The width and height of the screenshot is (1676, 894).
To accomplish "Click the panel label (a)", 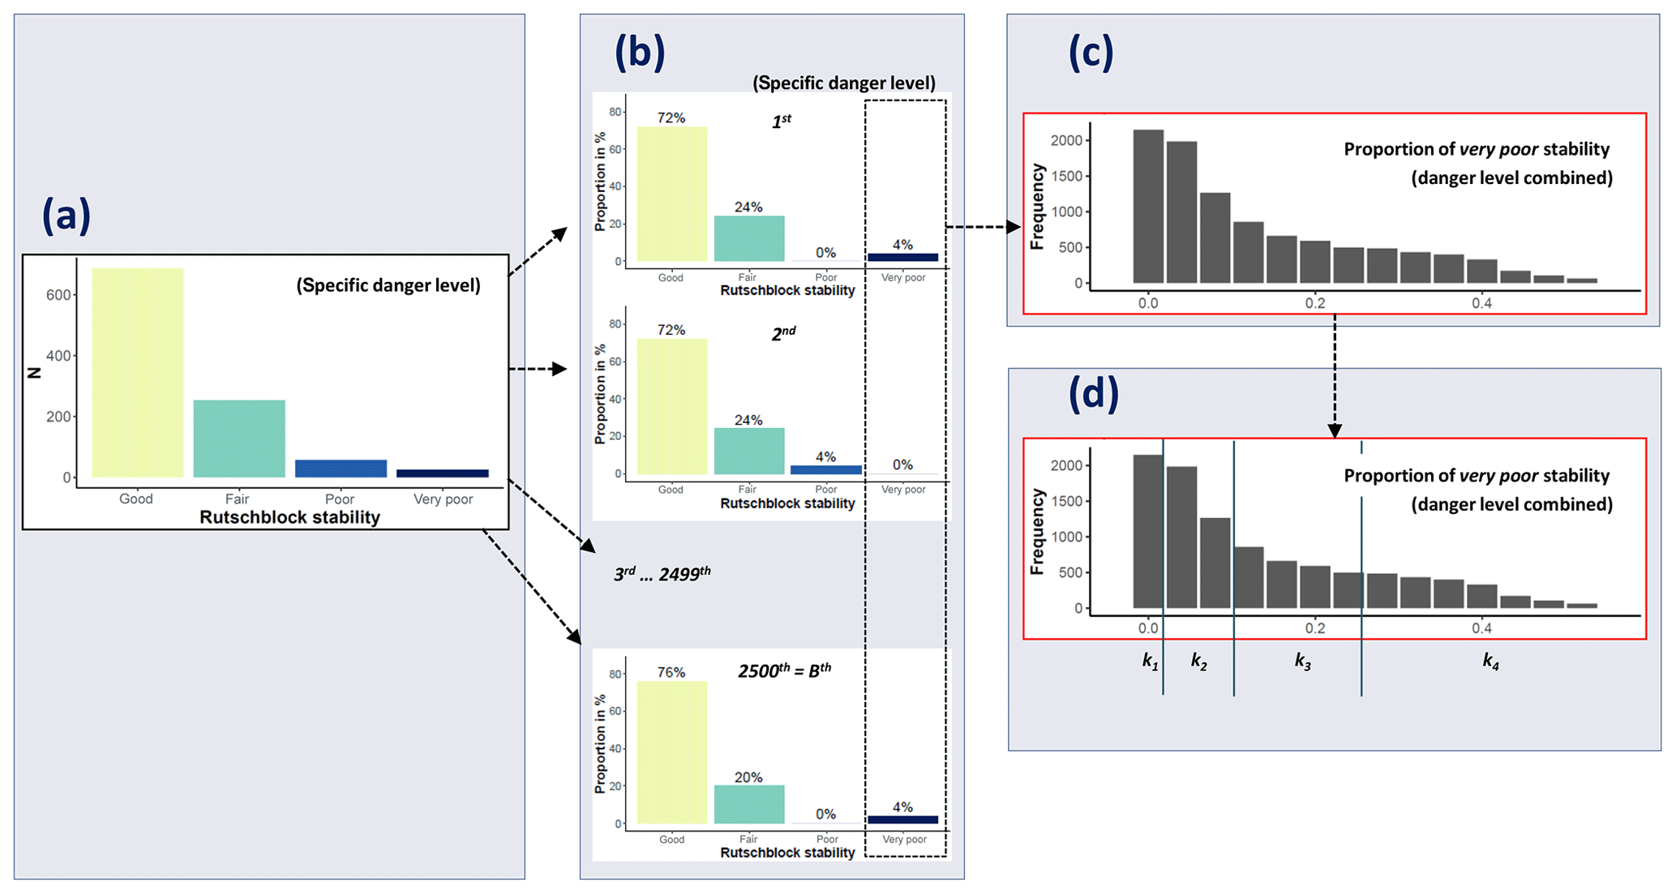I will tap(66, 217).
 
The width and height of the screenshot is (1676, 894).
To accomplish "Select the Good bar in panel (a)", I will tap(137, 372).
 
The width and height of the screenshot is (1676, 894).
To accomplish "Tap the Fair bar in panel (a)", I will tap(239, 438).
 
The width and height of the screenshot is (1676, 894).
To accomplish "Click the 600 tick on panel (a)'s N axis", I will tap(58, 295).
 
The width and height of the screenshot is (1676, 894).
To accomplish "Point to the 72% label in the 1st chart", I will tap(671, 118).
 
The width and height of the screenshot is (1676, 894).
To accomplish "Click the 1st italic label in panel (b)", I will tap(782, 122).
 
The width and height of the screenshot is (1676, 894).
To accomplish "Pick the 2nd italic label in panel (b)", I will tap(783, 333).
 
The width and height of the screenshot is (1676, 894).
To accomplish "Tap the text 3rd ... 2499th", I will tap(662, 574).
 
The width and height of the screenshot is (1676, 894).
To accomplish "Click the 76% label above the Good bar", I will tap(671, 673).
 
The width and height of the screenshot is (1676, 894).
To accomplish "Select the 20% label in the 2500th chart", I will tap(748, 777).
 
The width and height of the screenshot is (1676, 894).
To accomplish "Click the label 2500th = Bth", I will tap(784, 670).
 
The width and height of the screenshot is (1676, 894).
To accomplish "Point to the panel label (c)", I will tap(1091, 53).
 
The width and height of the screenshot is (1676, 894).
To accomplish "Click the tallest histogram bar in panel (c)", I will tap(1148, 206).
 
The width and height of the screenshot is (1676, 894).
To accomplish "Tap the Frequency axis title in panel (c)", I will tap(1036, 207).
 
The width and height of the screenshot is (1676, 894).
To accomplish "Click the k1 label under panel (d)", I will tap(1150, 661).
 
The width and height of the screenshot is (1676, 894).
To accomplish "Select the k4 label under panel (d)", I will tap(1490, 661).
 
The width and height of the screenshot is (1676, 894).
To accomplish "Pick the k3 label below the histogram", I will tap(1302, 661).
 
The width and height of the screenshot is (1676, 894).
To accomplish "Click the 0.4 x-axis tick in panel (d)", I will tap(1481, 628).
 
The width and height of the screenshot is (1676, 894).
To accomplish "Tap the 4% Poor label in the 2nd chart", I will tap(825, 457).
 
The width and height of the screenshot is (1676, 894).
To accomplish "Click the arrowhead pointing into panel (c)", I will tap(1014, 227).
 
